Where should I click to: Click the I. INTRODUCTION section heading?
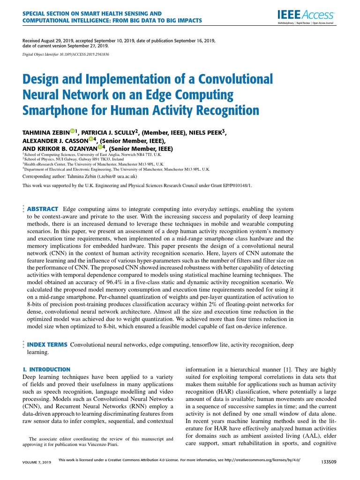pyautogui.click(x=46, y=369)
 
